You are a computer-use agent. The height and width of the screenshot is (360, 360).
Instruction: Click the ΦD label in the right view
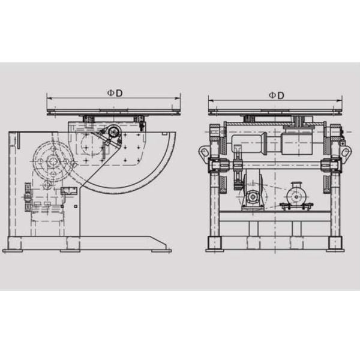276,95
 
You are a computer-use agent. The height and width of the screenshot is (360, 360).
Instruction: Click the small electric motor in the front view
296,194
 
